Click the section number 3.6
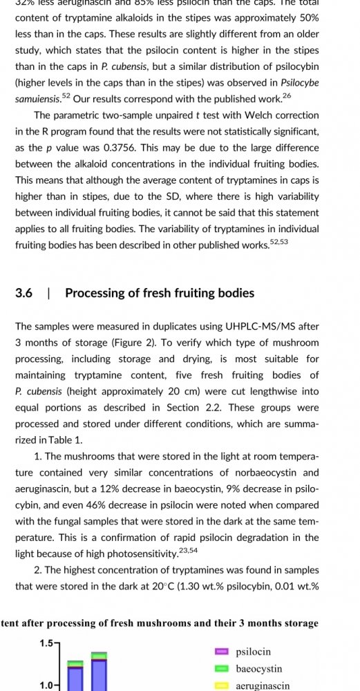tap(23, 293)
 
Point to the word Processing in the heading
tap(95, 293)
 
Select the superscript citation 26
tap(287, 95)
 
